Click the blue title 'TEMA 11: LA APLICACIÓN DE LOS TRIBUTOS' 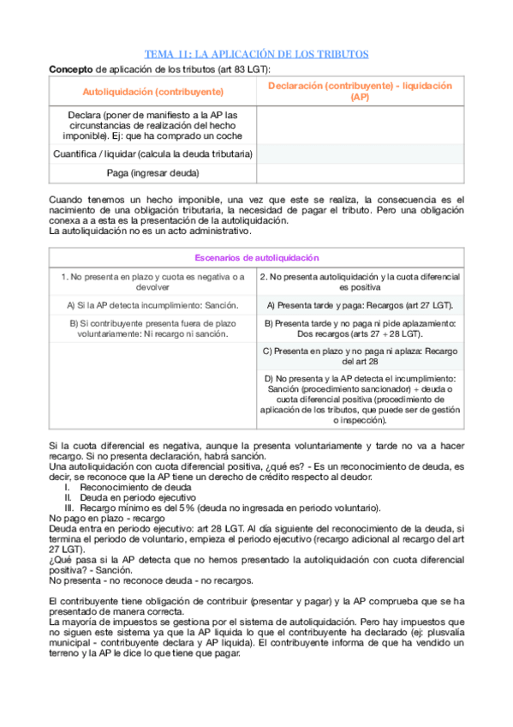[256, 54]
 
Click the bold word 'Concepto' [71, 68]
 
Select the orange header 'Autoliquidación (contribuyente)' [152, 91]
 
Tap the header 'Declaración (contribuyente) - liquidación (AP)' [360, 91]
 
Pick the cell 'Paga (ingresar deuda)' [152, 173]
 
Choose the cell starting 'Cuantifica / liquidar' [152, 154]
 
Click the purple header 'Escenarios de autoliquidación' [256, 257]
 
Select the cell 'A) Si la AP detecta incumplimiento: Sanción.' [152, 304]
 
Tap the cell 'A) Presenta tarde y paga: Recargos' [360, 304]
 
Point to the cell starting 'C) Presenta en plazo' [360, 355]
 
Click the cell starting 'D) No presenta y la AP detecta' [360, 400]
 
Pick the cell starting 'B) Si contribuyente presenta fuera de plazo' [152, 327]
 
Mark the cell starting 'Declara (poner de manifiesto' [152, 125]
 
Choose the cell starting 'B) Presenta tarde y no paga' [360, 327]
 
